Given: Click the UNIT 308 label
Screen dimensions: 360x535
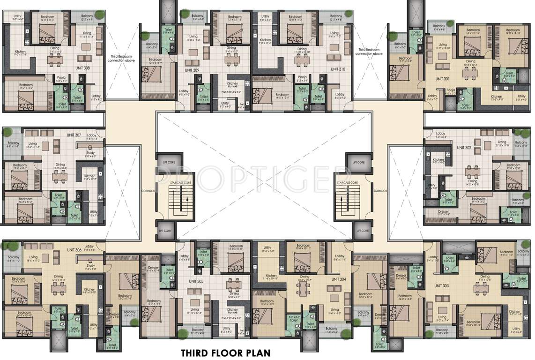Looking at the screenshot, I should (x=83, y=68).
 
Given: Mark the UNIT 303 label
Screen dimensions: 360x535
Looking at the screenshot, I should (x=441, y=285).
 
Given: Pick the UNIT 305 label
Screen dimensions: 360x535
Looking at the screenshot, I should (x=196, y=281).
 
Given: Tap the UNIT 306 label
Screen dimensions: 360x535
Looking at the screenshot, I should (x=75, y=250).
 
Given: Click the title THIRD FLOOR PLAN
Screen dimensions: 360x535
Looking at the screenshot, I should (x=226, y=352).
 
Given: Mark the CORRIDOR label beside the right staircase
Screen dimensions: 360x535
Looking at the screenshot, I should (x=380, y=191).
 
